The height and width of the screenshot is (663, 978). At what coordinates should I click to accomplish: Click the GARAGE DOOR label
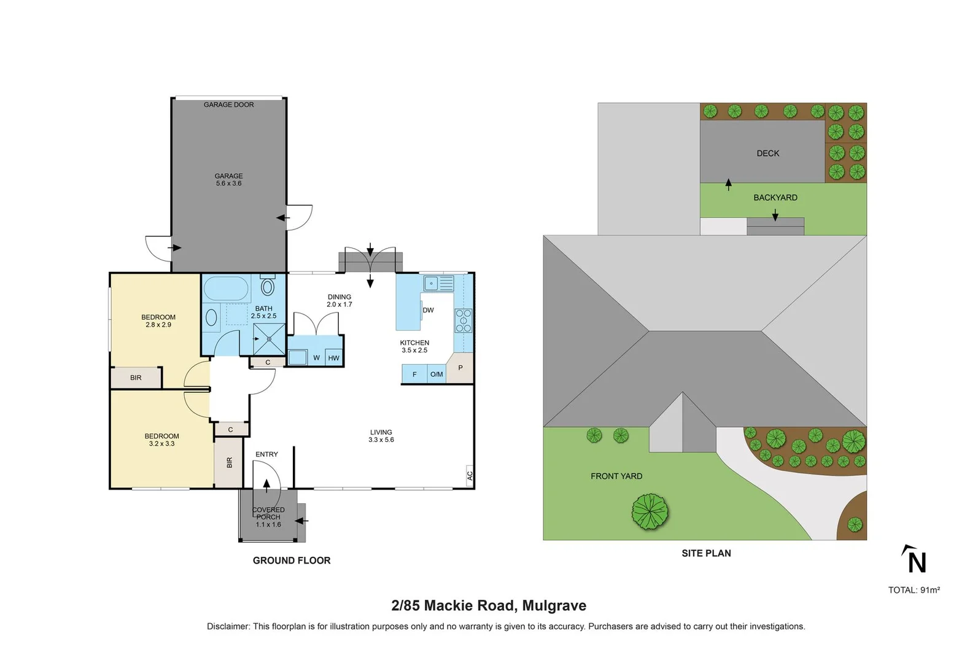pos(228,105)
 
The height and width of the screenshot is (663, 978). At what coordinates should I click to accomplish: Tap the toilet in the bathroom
pos(268,286)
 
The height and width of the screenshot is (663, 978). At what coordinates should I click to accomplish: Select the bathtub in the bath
pos(226,288)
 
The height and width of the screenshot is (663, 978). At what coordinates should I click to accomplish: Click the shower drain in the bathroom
pos(270,338)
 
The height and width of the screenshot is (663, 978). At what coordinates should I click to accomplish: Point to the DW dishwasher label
pos(428,310)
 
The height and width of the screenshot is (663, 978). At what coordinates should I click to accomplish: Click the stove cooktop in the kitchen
pos(464,320)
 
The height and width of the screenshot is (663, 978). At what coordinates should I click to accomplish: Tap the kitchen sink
pos(438,283)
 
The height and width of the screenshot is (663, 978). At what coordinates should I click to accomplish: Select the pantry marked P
pos(460,368)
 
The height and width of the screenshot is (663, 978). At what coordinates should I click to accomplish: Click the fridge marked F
pos(414,374)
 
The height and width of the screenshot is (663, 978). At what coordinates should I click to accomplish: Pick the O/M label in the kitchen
pos(437,374)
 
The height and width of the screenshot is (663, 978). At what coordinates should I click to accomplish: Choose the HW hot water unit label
pos(333,358)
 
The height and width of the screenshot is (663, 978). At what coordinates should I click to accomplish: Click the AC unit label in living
pos(470,475)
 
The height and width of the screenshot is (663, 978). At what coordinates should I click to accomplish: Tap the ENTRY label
pos(266,454)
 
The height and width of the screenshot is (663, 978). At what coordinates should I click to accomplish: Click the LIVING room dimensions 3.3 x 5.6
pos(381,440)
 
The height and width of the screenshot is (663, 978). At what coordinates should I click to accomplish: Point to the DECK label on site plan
pos(767,153)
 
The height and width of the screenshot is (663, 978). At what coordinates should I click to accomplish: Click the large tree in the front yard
pos(650,511)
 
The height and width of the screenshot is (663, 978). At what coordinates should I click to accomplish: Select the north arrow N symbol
pos(915,560)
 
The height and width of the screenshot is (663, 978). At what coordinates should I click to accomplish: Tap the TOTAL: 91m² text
pos(914,590)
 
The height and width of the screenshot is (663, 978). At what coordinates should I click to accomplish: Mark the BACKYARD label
pos(775,198)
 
